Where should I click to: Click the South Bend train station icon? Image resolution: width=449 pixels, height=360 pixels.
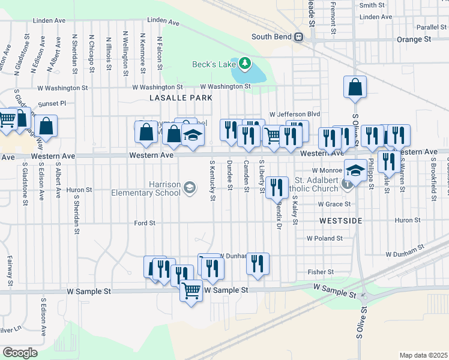coord(297,37)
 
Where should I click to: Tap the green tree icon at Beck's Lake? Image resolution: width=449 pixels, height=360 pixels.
coord(244,63)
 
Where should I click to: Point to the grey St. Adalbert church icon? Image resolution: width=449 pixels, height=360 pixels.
coord(348,184)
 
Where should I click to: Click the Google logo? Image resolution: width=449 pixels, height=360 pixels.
coord(20,352)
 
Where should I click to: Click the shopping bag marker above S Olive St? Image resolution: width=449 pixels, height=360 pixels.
coord(355,87)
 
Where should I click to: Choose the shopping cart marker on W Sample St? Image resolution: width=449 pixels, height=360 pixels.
coord(191,291)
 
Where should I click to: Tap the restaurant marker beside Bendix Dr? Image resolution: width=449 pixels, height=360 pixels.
coord(276,187)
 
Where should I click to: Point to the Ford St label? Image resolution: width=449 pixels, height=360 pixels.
coord(145,223)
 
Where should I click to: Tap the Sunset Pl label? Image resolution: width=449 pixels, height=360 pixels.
coord(52,103)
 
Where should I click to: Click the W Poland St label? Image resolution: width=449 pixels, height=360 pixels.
coord(324,238)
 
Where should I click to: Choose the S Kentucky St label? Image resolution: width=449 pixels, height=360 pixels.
coord(212,180)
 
